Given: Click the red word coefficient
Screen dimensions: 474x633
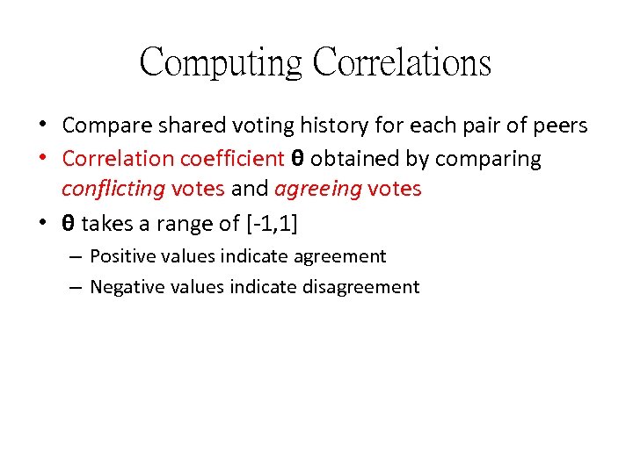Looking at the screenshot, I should (232, 159).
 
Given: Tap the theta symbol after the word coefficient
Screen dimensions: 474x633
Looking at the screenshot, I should (297, 159).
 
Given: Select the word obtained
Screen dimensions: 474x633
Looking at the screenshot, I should (352, 159).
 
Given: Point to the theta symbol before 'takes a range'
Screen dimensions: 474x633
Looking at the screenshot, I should (69, 224).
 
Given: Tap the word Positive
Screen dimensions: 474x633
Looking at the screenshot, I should (120, 256).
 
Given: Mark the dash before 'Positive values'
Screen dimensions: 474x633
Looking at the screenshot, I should (74, 257).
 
